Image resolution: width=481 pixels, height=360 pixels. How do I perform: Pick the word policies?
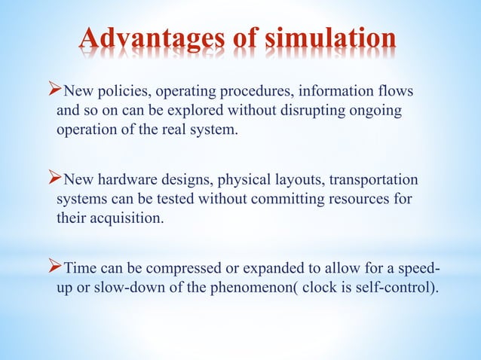[116, 93]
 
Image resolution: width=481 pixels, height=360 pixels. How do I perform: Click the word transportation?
[375, 182]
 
